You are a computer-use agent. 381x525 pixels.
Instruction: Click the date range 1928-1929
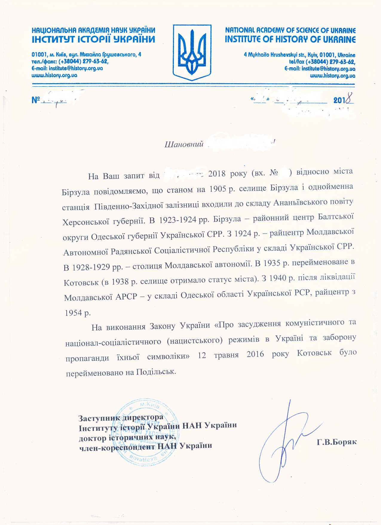coord(91,267)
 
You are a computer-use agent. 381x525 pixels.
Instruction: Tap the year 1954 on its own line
coord(73,313)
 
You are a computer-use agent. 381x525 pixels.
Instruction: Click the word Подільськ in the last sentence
coord(156,372)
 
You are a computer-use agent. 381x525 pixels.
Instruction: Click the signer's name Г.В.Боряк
coord(337,442)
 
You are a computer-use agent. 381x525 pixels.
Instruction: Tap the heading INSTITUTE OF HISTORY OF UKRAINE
coord(290,39)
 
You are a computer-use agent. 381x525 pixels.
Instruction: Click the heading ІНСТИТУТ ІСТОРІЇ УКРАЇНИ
coord(94,39)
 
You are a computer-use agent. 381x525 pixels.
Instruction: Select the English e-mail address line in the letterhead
coord(320,69)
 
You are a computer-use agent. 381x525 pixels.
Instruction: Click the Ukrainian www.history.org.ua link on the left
coord(54,75)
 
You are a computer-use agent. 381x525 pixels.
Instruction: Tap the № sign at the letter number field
coord(36,100)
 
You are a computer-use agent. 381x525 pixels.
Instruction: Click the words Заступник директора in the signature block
coord(121,417)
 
